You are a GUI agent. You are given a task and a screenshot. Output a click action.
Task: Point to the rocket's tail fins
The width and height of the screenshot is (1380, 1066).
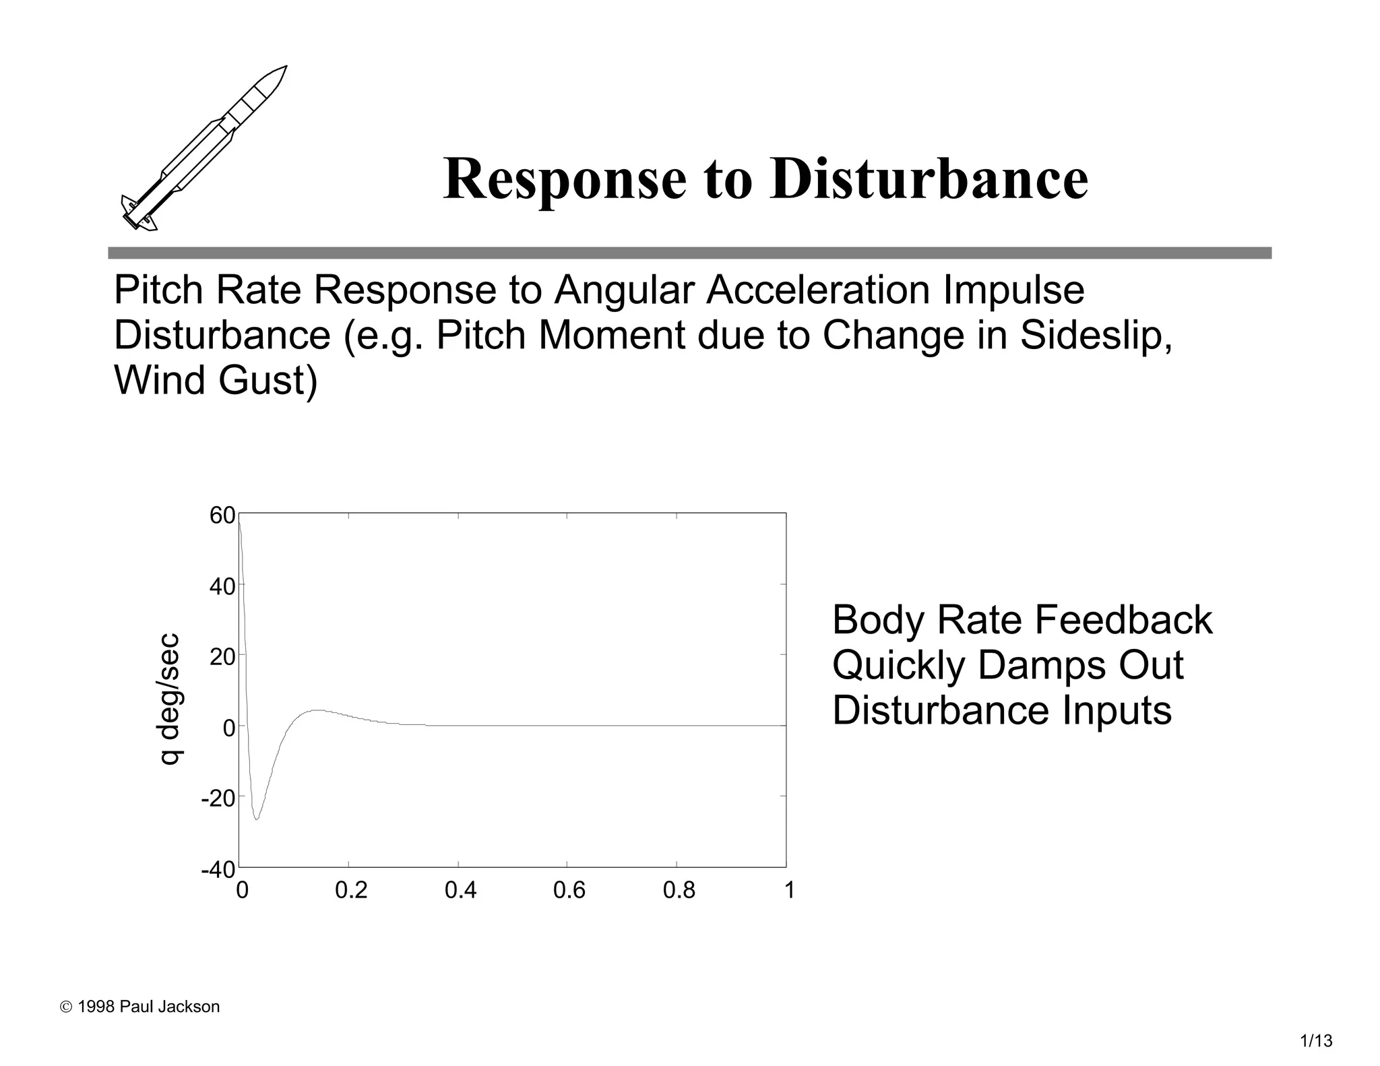139,214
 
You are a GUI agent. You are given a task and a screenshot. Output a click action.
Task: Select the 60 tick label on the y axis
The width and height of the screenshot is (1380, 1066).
222,515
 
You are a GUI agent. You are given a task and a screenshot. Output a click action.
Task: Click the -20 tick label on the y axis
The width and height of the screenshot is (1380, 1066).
218,798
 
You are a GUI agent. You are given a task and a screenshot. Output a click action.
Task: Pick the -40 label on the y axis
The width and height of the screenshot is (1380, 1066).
218,869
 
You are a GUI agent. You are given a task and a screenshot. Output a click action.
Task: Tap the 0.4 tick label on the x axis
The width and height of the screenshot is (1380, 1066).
460,891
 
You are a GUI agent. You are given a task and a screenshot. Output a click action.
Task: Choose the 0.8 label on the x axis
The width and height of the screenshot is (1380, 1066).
679,891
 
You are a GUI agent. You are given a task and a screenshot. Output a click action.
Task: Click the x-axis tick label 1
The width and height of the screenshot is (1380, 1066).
790,891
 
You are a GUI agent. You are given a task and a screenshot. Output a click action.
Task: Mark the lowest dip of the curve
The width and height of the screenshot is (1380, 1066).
257,819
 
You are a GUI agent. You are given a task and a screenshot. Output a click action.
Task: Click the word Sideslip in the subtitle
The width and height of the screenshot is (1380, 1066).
1096,335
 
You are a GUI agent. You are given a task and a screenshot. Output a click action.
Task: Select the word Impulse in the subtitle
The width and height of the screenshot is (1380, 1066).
1013,290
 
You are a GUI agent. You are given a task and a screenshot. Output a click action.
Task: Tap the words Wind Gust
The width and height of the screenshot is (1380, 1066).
215,380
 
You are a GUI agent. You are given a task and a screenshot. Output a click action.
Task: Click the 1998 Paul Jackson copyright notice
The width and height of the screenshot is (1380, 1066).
140,1007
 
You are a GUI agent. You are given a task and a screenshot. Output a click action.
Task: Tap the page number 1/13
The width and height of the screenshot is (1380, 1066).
1316,1041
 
